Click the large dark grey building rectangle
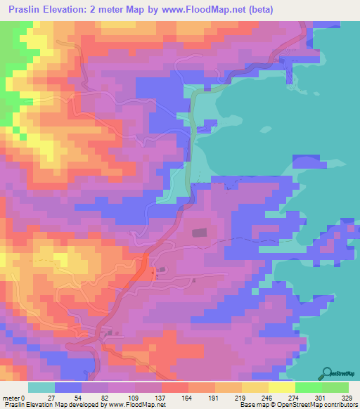pos(200,231)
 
